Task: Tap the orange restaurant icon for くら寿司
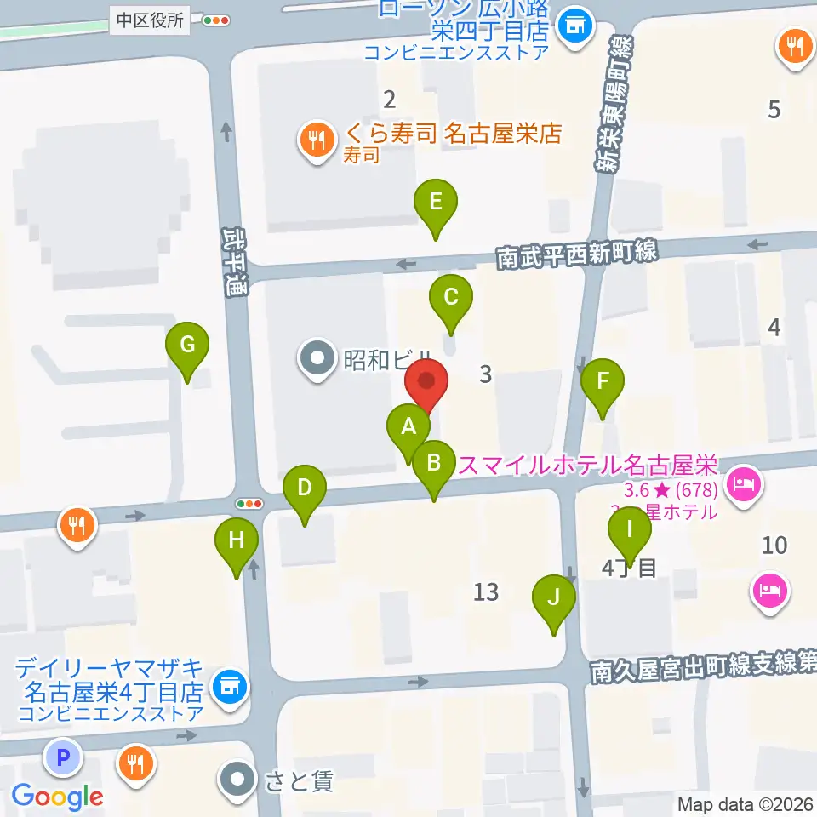[x=317, y=140]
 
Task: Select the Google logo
[x=57, y=797]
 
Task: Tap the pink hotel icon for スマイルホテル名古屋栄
[x=744, y=487]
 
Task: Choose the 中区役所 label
[x=151, y=21]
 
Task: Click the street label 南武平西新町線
[x=578, y=253]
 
